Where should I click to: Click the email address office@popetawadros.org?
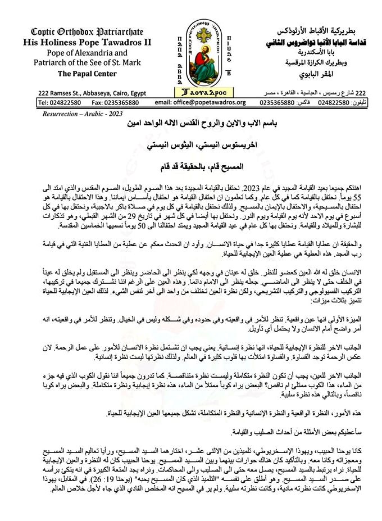[200, 102]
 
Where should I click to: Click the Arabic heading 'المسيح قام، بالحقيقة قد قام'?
[192, 166]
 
